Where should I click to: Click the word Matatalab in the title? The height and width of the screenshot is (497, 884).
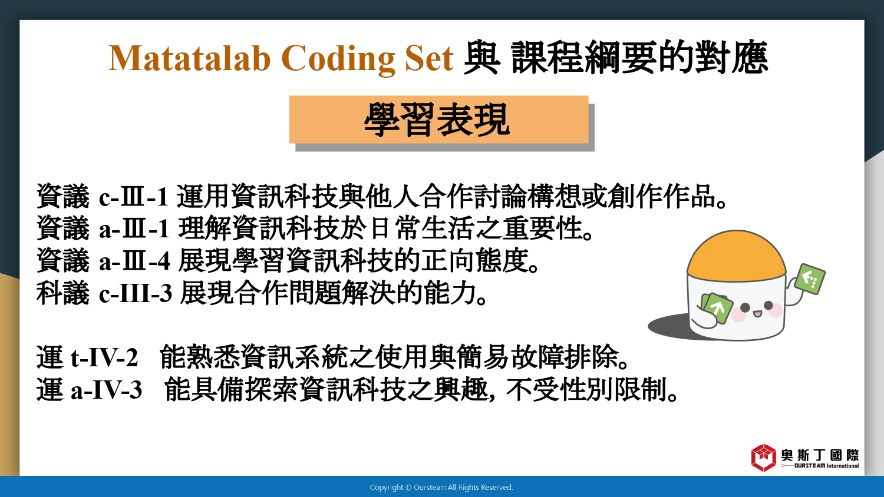(189, 58)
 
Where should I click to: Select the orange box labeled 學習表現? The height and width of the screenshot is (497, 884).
(439, 119)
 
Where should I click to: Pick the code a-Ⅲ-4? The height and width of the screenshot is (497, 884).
(134, 260)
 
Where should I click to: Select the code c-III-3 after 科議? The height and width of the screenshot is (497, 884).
(136, 293)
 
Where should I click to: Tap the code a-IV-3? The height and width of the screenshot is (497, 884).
(106, 390)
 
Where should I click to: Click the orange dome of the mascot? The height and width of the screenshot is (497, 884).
(737, 256)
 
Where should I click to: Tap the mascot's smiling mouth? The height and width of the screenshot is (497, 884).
(757, 314)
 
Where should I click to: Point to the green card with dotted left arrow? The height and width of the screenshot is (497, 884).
(809, 279)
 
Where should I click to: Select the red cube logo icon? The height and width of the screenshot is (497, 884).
(764, 458)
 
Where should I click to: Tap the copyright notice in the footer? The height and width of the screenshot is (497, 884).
(441, 488)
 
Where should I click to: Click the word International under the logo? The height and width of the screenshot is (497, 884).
(843, 466)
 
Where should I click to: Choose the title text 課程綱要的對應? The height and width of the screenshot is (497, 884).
(639, 58)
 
